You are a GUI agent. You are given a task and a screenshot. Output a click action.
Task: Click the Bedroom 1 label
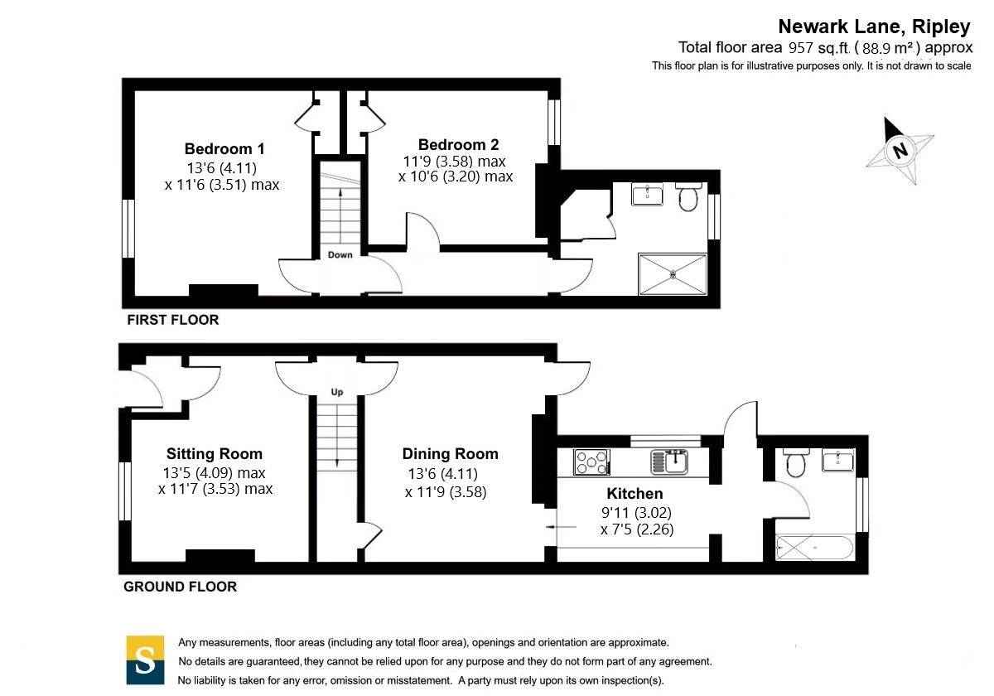224,148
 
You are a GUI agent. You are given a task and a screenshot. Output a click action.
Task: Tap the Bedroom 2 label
458,145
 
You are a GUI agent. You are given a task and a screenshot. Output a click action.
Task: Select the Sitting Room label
215,454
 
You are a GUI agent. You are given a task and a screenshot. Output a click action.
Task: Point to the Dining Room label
450,454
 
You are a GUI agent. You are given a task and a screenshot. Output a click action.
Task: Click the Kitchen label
635,494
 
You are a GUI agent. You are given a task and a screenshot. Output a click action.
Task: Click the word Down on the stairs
340,255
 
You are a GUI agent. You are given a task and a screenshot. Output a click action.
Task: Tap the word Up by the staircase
337,392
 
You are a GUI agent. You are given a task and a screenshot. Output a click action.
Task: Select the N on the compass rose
900,151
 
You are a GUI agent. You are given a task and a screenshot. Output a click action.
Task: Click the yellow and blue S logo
145,660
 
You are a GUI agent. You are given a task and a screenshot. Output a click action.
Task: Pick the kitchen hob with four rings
591,462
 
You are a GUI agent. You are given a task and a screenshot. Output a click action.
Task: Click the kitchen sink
669,462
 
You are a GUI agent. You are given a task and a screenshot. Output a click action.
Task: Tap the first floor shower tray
673,274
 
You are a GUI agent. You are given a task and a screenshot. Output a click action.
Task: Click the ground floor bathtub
815,549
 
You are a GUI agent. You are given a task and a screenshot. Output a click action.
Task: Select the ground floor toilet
796,463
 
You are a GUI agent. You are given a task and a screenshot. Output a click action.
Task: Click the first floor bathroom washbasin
647,195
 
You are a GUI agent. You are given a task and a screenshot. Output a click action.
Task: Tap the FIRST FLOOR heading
173,320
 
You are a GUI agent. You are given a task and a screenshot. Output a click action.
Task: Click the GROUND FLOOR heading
181,587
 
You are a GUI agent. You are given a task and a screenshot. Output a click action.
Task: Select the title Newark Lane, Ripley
874,27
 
